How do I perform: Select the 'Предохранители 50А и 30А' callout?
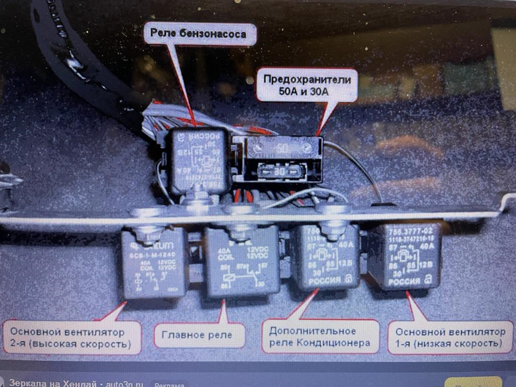point(307,85)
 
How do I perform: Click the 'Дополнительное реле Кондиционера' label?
point(317,336)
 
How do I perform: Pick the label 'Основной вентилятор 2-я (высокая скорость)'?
point(71,338)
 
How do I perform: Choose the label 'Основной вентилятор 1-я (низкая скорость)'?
point(447,338)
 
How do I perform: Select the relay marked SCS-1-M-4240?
point(154,263)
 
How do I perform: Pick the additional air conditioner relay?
point(326,256)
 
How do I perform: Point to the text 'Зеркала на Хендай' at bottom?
point(53,383)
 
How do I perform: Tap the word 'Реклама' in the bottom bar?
point(169,384)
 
